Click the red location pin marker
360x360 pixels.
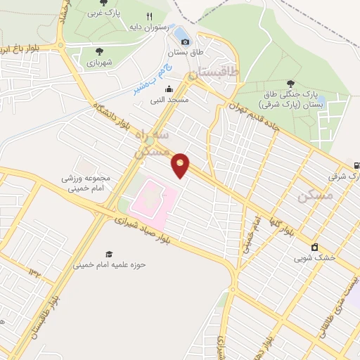(181, 165)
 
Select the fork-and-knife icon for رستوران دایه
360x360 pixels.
(149, 17)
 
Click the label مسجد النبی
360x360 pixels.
(168, 100)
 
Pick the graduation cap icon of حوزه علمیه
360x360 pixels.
(108, 255)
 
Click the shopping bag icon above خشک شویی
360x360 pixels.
(314, 247)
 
